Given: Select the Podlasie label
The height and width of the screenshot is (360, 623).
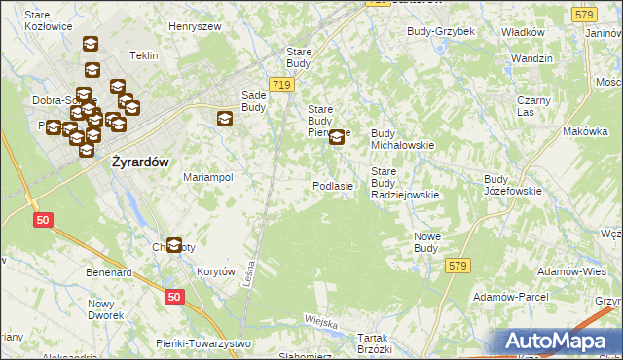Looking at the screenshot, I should tap(332, 185).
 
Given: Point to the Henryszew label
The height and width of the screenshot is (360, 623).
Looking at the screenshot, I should tap(197, 26).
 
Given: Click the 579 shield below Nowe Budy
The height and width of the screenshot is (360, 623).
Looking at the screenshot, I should tap(458, 265).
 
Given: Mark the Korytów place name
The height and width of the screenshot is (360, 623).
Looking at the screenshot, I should tap(216, 272).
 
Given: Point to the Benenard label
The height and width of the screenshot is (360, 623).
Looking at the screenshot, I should tap(108, 273).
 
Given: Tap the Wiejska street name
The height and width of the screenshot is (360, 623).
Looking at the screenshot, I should tap(320, 322).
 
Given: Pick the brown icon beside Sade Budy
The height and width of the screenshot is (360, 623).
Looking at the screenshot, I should tap(225, 120).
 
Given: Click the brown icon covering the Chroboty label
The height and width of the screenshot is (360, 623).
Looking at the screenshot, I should tap(174, 246).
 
